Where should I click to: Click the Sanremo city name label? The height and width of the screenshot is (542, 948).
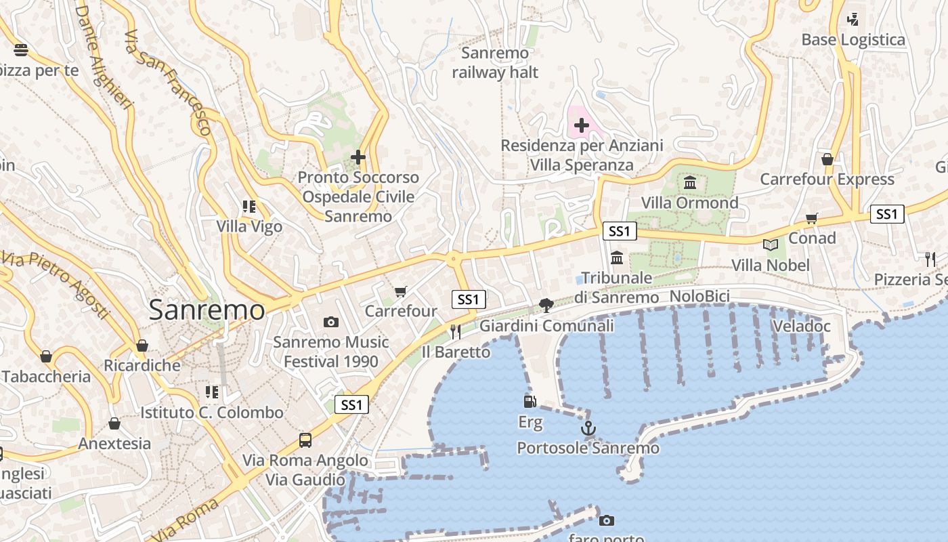coord(207,310)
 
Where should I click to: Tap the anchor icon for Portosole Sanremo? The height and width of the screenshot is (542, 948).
coord(588,428)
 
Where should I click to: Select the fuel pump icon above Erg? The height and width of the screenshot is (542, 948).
coord(530,402)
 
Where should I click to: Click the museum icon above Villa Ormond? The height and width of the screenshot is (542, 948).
coord(690,182)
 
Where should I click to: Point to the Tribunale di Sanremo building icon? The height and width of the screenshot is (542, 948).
coord(616,258)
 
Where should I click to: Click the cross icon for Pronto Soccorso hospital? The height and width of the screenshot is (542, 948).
coord(358,157)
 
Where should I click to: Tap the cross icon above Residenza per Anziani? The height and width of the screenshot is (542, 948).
coord(581,125)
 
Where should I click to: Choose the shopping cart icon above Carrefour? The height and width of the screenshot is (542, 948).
coord(401,291)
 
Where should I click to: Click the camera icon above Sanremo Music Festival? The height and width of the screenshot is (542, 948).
coord(330,322)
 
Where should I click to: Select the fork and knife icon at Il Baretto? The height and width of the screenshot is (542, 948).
coord(455,331)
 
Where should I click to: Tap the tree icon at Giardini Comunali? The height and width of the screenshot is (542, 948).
coord(546,306)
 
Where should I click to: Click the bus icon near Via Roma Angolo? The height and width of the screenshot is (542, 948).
coord(305,440)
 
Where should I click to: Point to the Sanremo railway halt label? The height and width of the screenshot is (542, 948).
coord(495,62)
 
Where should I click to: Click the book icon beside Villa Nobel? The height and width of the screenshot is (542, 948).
coord(770,245)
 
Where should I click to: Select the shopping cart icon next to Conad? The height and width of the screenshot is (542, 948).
coord(811,218)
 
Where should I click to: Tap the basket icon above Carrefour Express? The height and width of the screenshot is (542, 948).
coord(827,159)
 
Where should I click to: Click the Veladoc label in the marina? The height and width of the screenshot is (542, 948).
coord(801,326)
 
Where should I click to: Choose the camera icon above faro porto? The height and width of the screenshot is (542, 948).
coord(607,520)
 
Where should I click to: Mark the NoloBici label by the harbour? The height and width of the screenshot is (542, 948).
coord(699,296)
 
